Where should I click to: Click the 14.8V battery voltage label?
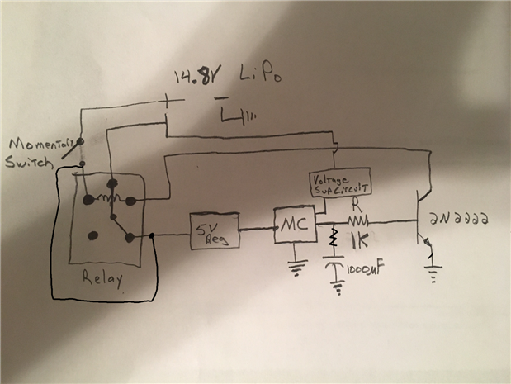(x=192, y=78)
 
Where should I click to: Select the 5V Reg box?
(x=215, y=231)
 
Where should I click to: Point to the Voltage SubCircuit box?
(x=338, y=183)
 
